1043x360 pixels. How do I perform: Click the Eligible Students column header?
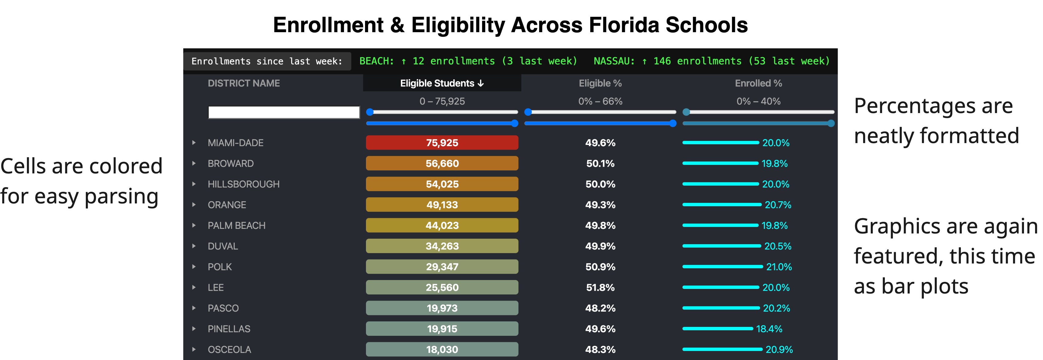(441, 83)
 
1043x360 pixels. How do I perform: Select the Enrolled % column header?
(758, 83)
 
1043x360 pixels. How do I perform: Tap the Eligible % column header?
(600, 83)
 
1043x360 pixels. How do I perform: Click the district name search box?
(284, 112)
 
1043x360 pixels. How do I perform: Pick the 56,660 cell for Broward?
(442, 164)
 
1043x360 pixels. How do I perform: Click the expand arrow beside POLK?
(194, 267)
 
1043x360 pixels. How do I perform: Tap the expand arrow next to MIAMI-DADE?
(194, 142)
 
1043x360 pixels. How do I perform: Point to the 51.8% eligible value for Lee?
(600, 287)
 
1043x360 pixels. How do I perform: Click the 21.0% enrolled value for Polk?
(778, 267)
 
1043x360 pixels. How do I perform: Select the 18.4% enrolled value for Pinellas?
(769, 329)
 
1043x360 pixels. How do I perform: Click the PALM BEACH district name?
(236, 225)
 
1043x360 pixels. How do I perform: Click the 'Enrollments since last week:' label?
(267, 62)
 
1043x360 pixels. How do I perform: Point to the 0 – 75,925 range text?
(442, 101)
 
